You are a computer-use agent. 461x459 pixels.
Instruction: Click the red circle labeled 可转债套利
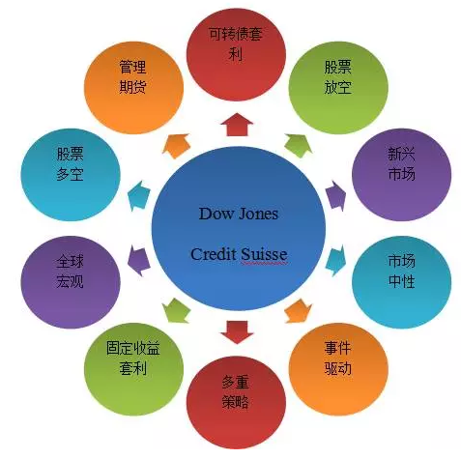[x=236, y=54]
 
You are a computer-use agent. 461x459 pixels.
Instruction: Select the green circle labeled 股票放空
[x=338, y=88]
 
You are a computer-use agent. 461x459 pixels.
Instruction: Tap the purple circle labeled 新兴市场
[x=402, y=175]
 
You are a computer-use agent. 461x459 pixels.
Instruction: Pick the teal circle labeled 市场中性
[x=402, y=282]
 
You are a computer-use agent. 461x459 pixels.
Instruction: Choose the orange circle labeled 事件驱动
[x=338, y=369]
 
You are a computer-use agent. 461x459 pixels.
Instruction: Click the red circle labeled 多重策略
[x=236, y=403]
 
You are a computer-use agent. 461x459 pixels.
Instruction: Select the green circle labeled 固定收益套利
[x=134, y=369]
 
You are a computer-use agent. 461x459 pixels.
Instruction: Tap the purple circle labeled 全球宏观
[x=71, y=282]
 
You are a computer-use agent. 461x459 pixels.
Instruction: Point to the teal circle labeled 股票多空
[x=71, y=175]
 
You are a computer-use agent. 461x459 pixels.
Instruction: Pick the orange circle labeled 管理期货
[x=134, y=88]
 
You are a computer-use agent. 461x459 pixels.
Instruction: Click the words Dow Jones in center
[x=239, y=214]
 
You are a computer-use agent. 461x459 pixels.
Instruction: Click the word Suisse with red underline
[x=264, y=254]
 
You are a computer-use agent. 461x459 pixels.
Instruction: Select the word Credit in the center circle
[x=214, y=254]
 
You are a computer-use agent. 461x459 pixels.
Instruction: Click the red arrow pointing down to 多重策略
[x=237, y=332]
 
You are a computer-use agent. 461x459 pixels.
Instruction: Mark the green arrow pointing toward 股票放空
[x=299, y=145]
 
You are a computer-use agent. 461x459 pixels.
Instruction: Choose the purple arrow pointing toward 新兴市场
[x=335, y=195]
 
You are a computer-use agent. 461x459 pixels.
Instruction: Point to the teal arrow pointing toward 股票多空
[x=139, y=195]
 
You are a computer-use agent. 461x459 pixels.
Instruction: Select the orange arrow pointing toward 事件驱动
[x=299, y=311]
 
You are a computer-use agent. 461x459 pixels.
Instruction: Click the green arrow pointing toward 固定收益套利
[x=176, y=311]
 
